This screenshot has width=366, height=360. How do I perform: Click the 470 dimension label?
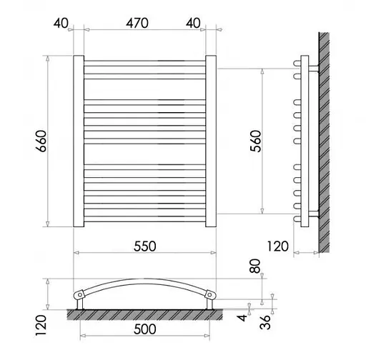pyautogui.click(x=137, y=24)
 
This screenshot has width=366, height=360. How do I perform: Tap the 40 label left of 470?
pyautogui.click(x=61, y=24)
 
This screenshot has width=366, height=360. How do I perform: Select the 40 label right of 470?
pyautogui.click(x=193, y=24)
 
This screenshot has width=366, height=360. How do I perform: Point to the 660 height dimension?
pyautogui.click(x=41, y=141)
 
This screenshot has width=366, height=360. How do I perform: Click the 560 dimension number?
pyautogui.click(x=256, y=141)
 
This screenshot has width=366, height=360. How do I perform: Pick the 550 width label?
pyautogui.click(x=145, y=246)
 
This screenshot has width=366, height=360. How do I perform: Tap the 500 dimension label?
pyautogui.click(x=145, y=329)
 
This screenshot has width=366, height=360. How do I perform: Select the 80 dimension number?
pyautogui.click(x=254, y=266)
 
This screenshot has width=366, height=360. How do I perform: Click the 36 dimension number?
pyautogui.click(x=265, y=322)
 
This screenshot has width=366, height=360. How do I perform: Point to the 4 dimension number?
pyautogui.click(x=242, y=318)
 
